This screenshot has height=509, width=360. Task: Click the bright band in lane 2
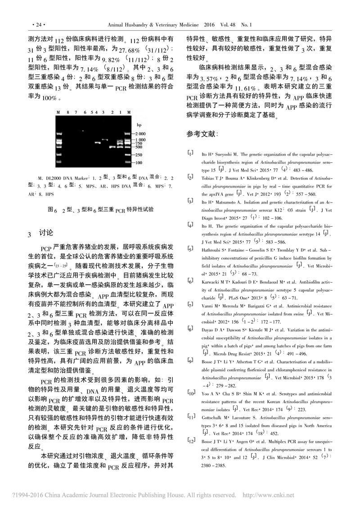coord(112,147)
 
